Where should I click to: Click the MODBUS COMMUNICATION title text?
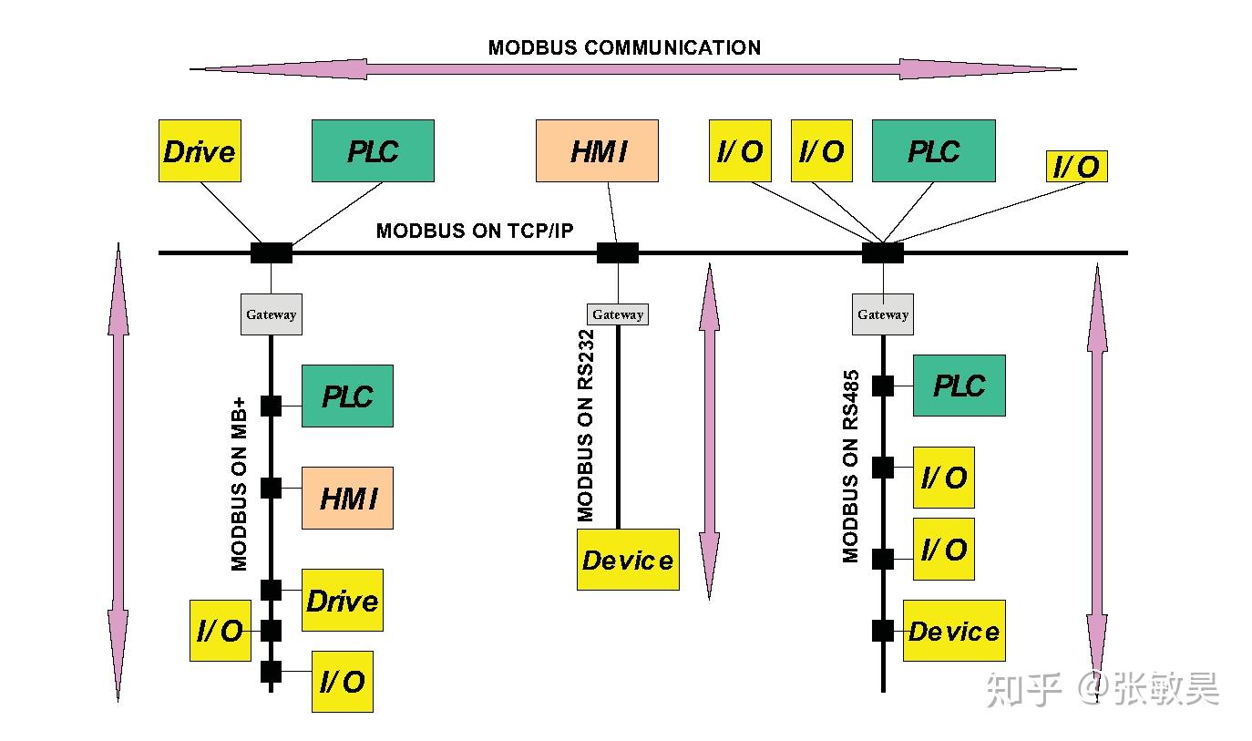click(x=624, y=47)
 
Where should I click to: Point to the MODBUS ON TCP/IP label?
click(x=475, y=231)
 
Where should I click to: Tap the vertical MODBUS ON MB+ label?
click(x=239, y=484)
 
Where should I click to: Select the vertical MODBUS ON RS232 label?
click(x=585, y=426)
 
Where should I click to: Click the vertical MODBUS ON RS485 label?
click(x=850, y=467)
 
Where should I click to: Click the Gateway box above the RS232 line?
click(x=618, y=314)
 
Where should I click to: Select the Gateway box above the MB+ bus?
click(x=272, y=314)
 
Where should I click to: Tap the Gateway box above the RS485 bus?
click(x=883, y=314)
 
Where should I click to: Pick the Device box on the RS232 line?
click(x=628, y=560)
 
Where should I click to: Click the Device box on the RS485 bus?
click(x=954, y=631)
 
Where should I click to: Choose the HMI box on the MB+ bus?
click(x=348, y=498)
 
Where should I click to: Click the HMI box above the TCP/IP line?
click(x=597, y=150)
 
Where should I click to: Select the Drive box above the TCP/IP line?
click(x=200, y=150)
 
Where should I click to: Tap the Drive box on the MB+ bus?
click(x=343, y=600)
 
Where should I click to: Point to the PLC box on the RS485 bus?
click(x=960, y=386)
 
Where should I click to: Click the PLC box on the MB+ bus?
click(x=348, y=396)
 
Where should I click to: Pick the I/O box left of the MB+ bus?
click(x=221, y=631)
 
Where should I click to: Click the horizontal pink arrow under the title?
click(x=633, y=69)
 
